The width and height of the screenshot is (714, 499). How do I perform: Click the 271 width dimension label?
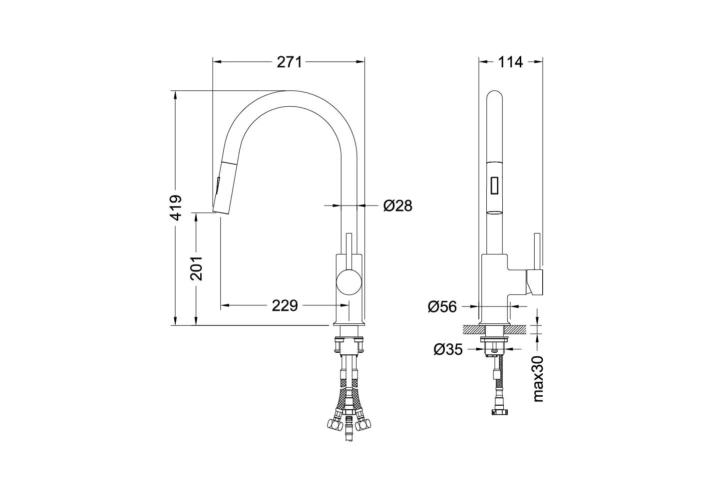pyautogui.click(x=289, y=62)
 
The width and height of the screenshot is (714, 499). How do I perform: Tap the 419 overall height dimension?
pyautogui.click(x=176, y=208)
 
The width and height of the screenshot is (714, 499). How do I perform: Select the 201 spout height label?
pyautogui.click(x=196, y=268)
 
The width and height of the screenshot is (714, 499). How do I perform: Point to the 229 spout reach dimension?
pyautogui.click(x=285, y=305)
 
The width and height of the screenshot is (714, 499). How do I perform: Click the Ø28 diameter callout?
pyautogui.click(x=398, y=206)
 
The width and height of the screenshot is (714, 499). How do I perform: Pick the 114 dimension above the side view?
pyautogui.click(x=510, y=62)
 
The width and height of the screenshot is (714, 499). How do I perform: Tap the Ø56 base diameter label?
pyautogui.click(x=442, y=306)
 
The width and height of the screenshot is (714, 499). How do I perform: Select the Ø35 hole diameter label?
pyautogui.click(x=448, y=350)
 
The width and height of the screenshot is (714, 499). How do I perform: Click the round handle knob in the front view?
pyautogui.click(x=349, y=281)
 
